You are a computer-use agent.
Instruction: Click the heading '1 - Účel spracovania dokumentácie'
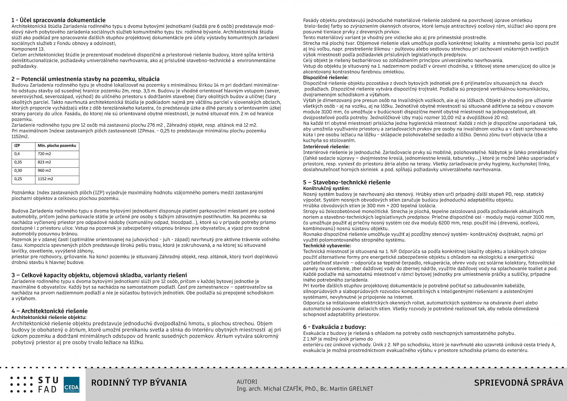click(x=58, y=20)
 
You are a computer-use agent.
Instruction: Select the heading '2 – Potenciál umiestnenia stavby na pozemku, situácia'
click(x=85, y=79)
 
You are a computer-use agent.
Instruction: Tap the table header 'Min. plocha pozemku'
click(x=57, y=146)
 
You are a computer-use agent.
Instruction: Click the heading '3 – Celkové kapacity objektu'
click(x=99, y=275)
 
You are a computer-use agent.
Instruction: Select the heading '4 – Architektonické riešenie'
click(x=50, y=311)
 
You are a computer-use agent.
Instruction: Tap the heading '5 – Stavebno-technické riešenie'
click(x=346, y=182)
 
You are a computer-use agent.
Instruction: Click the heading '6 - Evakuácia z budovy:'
click(x=334, y=327)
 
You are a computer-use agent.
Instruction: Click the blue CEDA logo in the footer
click(x=71, y=385)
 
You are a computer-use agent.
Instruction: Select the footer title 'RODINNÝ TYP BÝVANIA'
click(x=139, y=383)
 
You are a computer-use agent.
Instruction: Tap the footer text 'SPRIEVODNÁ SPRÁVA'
click(x=518, y=383)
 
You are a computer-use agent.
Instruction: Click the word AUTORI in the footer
click(x=247, y=382)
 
